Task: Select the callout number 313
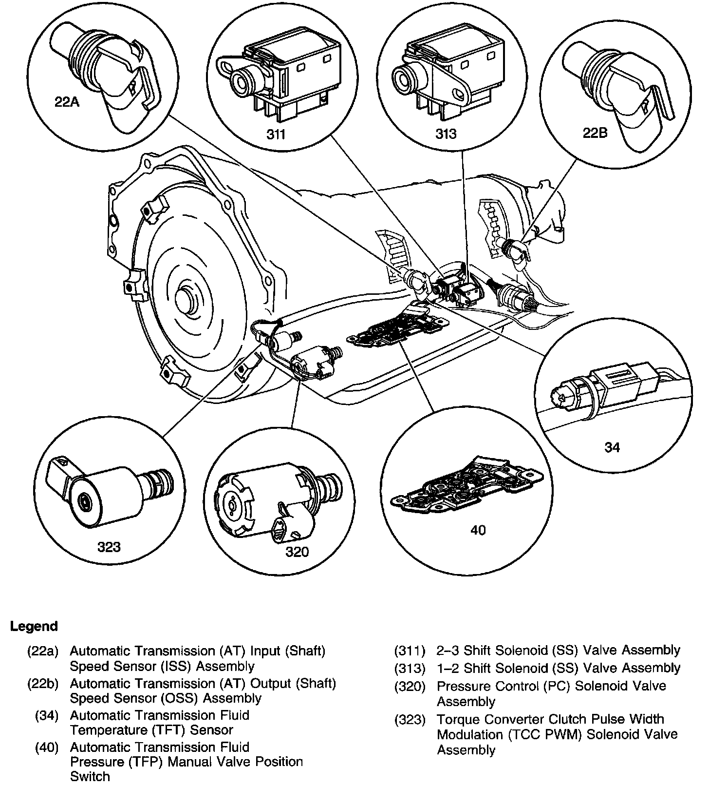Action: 446,134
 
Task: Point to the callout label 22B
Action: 595,133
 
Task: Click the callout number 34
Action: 612,447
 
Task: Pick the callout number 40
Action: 478,530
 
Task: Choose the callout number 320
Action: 297,551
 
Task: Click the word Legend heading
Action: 34,626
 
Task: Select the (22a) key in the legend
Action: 43,651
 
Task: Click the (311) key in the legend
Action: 410,651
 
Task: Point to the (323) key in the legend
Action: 410,719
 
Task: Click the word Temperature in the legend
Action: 102,730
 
